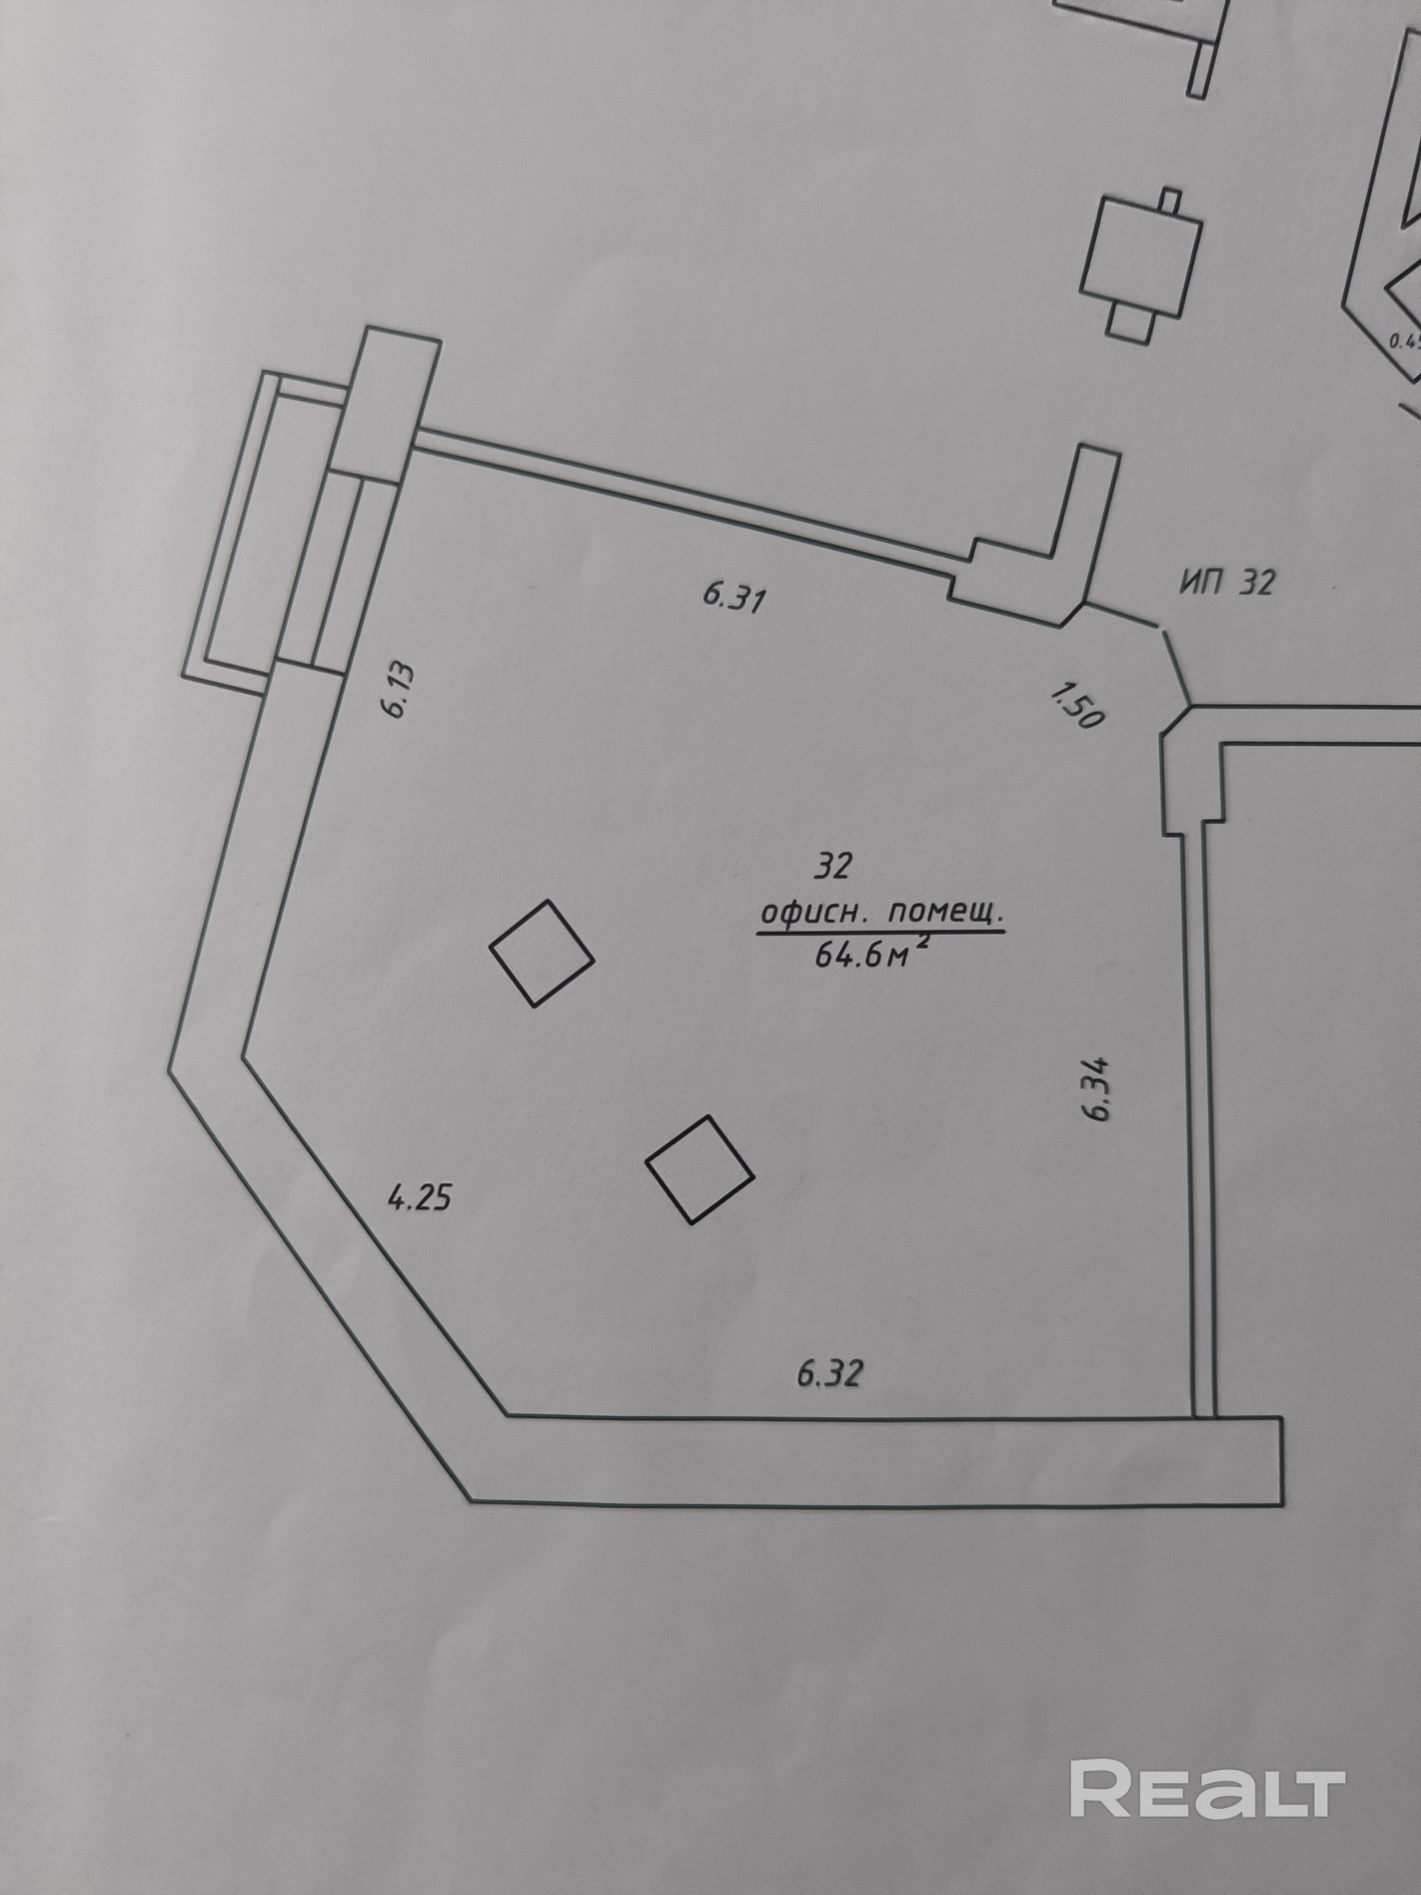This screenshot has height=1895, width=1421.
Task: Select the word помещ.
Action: click(x=944, y=915)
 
